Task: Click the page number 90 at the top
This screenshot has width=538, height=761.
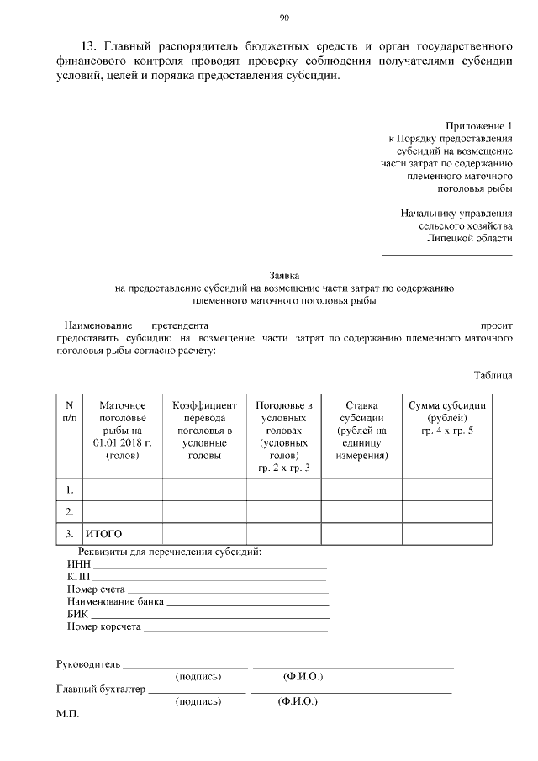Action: coord(284,18)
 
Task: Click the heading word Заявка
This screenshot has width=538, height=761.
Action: coord(284,275)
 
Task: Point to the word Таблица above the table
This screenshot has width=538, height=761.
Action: coord(493,375)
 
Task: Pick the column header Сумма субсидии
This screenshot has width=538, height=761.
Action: coord(447,418)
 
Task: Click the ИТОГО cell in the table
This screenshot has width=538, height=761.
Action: coord(104,534)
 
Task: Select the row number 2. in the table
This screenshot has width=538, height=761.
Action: coord(70,511)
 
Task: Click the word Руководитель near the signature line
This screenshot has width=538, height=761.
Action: coord(88,663)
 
